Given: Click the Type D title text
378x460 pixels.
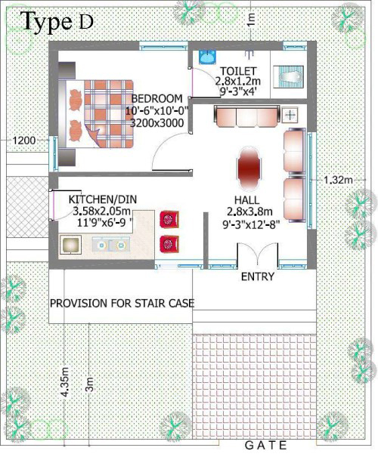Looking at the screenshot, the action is pos(57,22).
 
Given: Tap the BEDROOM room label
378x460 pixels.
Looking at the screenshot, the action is pos(156,98).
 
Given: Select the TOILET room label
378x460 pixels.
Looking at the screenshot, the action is pos(238,71).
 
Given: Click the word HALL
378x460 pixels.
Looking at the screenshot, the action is pos(246,200).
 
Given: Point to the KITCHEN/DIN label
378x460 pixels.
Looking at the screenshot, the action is pos(103,199).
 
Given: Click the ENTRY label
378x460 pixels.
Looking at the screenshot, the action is pos(258,276).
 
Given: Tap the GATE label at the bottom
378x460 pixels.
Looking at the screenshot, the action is pos(265,446).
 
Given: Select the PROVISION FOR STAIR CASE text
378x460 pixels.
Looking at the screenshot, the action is pos(122,303).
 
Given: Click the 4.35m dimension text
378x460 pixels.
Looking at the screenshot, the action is pos(65,382).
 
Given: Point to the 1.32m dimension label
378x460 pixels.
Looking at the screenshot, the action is pos(338,180).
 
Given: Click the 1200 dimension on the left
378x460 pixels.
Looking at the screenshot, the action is pos(24,140).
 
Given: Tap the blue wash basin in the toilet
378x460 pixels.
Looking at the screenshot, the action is pos(207,57).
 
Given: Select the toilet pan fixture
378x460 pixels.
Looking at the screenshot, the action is pos(289,76).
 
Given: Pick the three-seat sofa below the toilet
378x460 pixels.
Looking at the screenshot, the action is pos(246,116).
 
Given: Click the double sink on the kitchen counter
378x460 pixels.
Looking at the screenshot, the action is pos(111,245).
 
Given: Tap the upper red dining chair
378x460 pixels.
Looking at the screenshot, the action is pos(169,219).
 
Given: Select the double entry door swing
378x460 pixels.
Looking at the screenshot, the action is pos(258,255).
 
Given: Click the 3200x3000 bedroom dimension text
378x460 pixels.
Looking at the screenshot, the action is pos(156,123).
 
